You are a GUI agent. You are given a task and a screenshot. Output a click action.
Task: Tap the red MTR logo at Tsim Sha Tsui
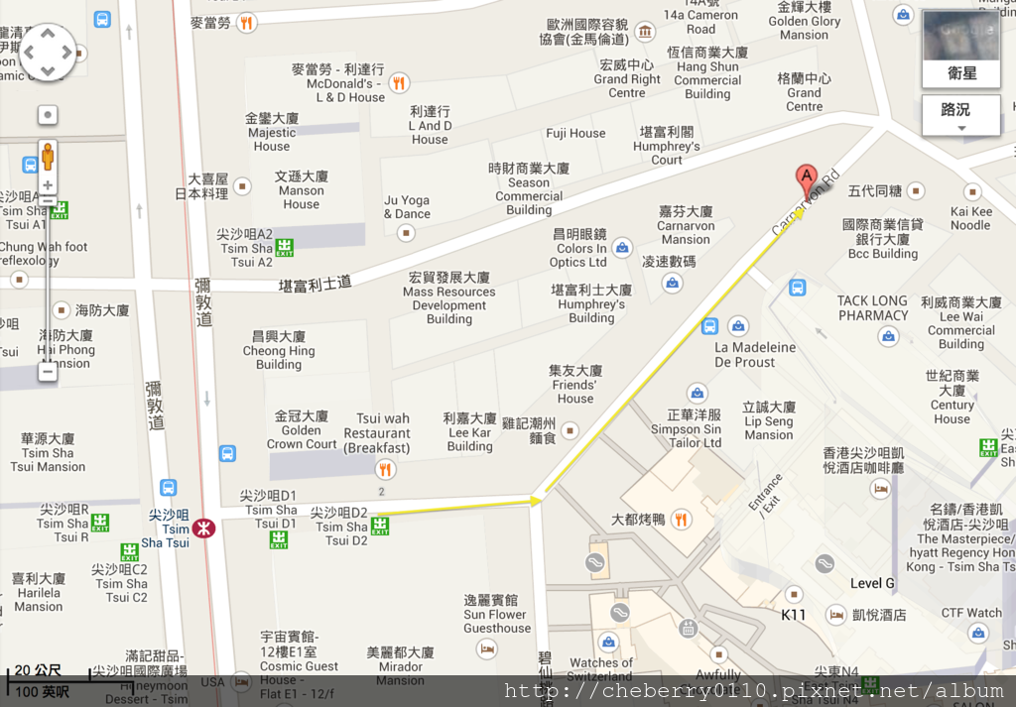[x=204, y=529]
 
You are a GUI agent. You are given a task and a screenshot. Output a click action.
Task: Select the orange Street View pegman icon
[x=48, y=158]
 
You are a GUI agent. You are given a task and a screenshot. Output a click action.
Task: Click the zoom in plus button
[x=48, y=185]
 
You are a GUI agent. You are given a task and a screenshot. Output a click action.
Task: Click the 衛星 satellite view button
[x=960, y=73]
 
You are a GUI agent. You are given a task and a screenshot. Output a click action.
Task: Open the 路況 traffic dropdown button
[x=960, y=115]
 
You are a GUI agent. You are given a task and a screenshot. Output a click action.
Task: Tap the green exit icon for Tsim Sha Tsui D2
[x=380, y=527]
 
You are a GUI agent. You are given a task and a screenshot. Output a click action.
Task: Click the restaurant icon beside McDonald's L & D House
[x=399, y=83]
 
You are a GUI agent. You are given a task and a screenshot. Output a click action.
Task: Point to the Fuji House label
[x=575, y=133]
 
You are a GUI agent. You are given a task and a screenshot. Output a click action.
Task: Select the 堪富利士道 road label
[x=316, y=284]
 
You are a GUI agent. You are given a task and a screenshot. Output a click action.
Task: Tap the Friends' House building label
[x=575, y=385]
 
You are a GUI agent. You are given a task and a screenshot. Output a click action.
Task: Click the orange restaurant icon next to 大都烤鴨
[x=681, y=519]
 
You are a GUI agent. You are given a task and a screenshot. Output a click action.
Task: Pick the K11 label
[x=794, y=614]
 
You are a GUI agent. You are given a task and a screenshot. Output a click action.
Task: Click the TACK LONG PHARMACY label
[x=873, y=308]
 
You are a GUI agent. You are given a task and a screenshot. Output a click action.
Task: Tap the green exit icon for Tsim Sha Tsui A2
[x=285, y=247]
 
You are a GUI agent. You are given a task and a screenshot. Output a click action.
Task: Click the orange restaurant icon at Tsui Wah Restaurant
[x=386, y=469]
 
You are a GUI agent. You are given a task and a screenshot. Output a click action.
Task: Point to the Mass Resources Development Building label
[x=449, y=298]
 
